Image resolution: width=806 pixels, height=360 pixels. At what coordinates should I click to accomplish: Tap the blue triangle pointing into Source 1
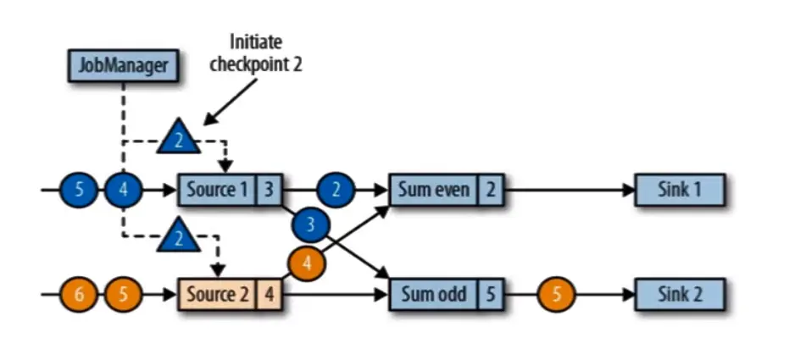click(178, 136)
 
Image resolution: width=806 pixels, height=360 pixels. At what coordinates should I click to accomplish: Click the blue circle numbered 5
click(80, 189)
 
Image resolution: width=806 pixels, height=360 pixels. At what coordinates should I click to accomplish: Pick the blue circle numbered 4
click(124, 189)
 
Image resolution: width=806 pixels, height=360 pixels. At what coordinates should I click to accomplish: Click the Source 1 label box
click(216, 189)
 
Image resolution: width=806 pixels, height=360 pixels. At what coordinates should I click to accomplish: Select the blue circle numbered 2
click(336, 189)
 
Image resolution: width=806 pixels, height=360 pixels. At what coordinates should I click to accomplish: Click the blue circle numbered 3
click(311, 224)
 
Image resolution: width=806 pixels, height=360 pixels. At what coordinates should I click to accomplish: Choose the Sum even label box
click(433, 189)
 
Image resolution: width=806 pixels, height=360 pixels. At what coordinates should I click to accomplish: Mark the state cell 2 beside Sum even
click(490, 189)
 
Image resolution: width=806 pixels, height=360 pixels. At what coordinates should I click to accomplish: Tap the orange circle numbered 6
click(80, 295)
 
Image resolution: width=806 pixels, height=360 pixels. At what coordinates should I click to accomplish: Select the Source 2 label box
click(216, 295)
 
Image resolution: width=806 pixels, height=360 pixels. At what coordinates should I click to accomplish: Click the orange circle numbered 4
click(308, 263)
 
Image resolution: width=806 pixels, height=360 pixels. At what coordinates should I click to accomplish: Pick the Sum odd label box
click(433, 295)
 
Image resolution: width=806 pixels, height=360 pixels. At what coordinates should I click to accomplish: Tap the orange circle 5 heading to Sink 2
click(557, 295)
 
